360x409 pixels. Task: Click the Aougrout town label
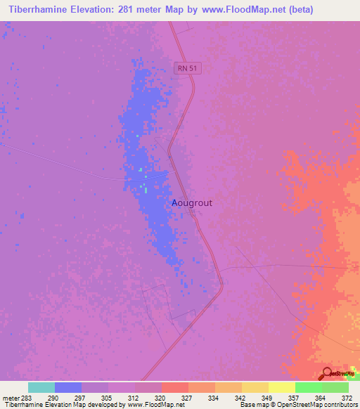click(192, 202)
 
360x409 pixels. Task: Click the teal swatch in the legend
click(41, 387)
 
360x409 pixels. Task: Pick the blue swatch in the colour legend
click(67, 387)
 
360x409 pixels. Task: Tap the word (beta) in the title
click(298, 9)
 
